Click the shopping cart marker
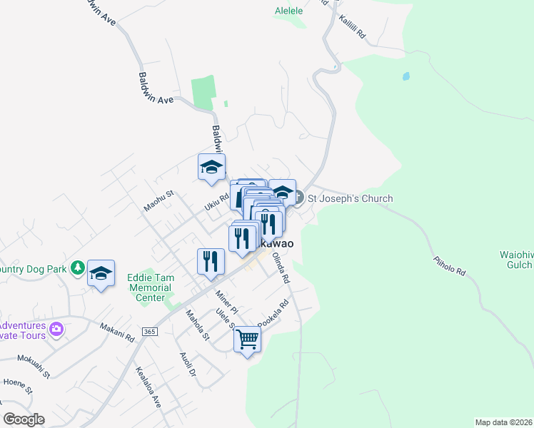247,340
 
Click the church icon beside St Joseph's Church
300,197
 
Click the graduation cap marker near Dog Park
101,272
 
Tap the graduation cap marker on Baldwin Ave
211,167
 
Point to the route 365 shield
149,332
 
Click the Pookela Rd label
273,313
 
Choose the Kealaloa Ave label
148,387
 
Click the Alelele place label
289,11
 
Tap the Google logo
24,419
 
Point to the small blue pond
405,76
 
